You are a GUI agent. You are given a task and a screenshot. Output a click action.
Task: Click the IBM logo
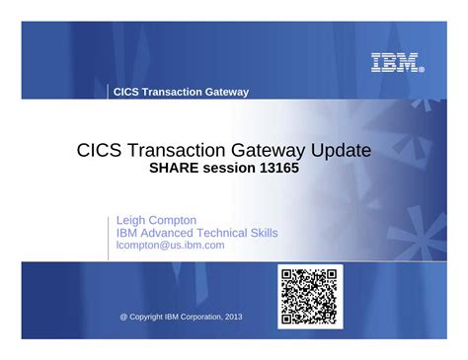tap(397, 63)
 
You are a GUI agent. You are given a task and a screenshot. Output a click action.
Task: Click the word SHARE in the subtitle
tap(175, 169)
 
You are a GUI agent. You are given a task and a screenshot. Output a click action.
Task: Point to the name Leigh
tap(133, 219)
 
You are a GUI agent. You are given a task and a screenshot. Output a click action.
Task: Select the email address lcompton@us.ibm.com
tap(170, 245)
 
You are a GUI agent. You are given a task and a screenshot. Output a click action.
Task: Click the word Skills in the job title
tap(262, 233)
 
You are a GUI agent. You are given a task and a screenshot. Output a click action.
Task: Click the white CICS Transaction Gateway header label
tap(181, 92)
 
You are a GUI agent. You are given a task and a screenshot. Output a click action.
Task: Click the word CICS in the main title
tap(99, 151)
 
